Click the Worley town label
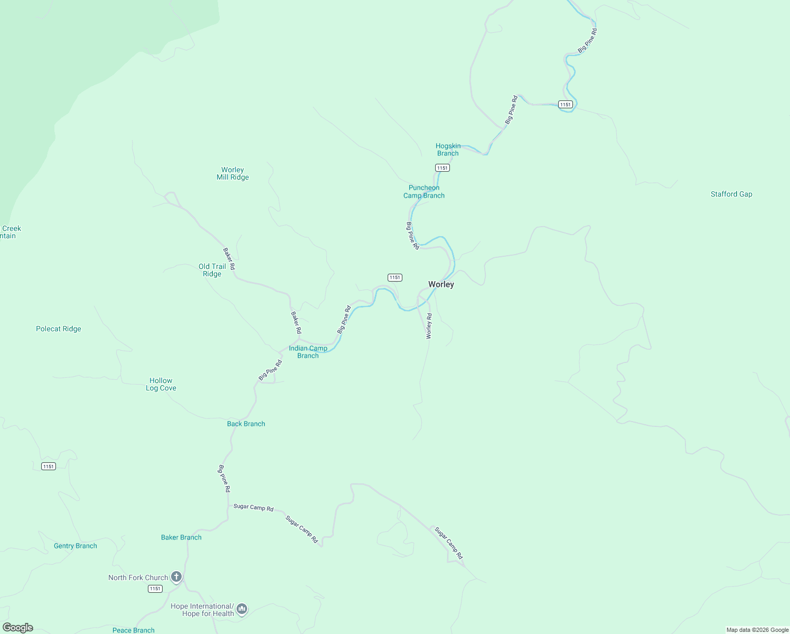coord(441,284)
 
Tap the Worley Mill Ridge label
coord(232,174)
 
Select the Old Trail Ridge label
coord(212,270)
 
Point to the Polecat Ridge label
coord(59,329)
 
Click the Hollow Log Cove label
coord(161,384)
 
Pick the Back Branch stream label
coord(246,424)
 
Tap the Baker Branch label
coord(181,537)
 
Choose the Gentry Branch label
coord(76,546)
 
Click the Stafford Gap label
coord(731,194)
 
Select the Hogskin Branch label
coord(448,150)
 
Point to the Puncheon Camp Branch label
coord(424,191)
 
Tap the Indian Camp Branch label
coord(308,352)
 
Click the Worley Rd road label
coord(429,326)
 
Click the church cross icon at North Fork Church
coord(176,577)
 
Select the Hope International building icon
coord(242,609)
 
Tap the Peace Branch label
coord(134,630)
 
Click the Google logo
coord(18,628)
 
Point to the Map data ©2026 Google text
coord(757,630)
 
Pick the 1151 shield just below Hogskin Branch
coord(442,168)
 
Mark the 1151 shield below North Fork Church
coord(155,589)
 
